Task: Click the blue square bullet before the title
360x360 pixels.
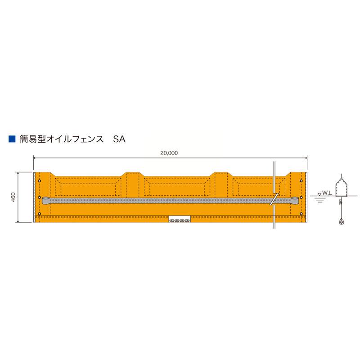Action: [12, 139]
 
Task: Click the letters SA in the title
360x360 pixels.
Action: [119, 139]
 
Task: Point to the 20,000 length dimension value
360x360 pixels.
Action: [169, 153]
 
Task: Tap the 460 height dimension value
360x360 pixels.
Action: [13, 197]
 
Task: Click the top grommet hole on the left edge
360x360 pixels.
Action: [40, 181]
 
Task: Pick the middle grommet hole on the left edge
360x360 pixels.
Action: [40, 198]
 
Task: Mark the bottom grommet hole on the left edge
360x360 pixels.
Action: [40, 214]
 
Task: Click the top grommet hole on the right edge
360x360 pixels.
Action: [301, 181]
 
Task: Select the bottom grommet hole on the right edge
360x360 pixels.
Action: [301, 214]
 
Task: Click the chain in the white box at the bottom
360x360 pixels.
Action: [180, 220]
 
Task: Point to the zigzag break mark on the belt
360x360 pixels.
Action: [272, 200]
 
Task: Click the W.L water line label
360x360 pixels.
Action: [327, 193]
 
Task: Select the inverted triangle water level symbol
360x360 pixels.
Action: [319, 194]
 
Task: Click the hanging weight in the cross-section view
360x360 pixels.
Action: [341, 221]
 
